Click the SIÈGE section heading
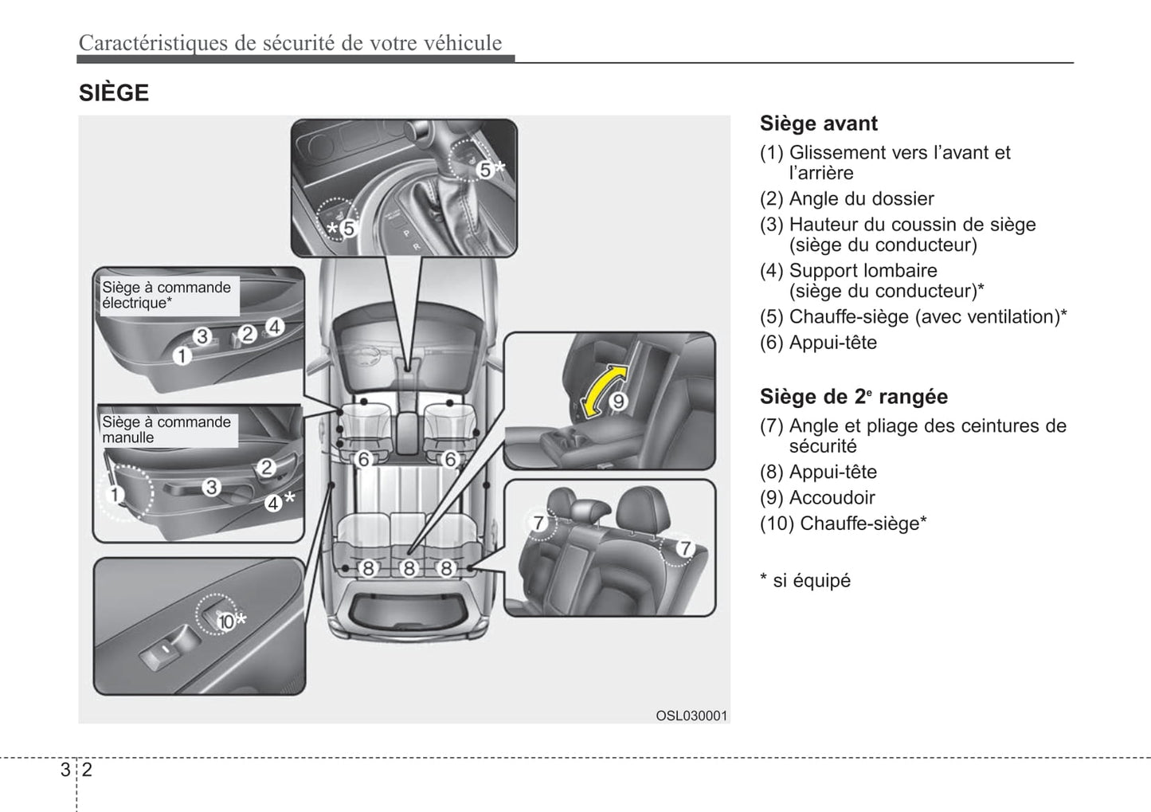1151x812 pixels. pos(114,93)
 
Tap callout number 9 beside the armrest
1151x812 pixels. pos(618,401)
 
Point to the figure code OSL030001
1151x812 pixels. pos(691,716)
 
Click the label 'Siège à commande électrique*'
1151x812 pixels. pos(166,295)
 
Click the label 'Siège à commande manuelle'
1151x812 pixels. pos(166,430)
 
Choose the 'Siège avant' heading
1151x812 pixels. pos(818,124)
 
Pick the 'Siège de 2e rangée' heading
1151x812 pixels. pos(853,397)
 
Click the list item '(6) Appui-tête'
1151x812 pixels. pos(818,343)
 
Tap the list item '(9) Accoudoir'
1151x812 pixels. pos(817,498)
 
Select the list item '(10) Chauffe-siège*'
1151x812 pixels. pos(843,524)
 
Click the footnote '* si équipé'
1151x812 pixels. pos(805,581)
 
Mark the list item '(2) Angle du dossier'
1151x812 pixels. pos(847,198)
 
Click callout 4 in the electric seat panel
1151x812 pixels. pos(274,327)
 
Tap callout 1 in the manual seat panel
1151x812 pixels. pos(115,495)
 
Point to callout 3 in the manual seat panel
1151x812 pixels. pos(210,486)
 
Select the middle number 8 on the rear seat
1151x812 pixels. pos(409,568)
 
